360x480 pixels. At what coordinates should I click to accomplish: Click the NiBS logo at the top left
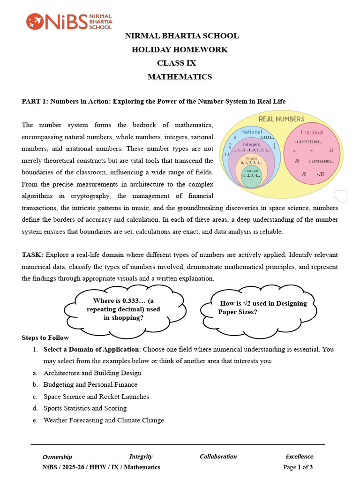click(69, 21)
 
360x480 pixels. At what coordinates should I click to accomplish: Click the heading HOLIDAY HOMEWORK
click(180, 49)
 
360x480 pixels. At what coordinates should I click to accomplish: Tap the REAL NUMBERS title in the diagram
click(281, 119)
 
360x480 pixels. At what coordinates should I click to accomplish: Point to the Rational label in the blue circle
click(251, 132)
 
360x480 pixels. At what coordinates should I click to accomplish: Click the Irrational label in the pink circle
click(312, 132)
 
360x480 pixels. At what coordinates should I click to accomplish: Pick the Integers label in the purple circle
click(251, 144)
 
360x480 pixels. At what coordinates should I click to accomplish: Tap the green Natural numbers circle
click(252, 178)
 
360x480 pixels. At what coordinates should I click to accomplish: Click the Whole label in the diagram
click(252, 158)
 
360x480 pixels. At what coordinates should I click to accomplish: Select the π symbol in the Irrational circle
click(311, 151)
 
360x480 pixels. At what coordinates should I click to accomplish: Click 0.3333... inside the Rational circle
click(267, 138)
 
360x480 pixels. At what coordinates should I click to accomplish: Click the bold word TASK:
click(32, 255)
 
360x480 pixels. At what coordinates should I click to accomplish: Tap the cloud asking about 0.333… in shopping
click(124, 309)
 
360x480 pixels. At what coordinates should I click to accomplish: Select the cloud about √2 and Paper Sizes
click(259, 307)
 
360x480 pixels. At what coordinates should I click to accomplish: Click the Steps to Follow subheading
click(45, 337)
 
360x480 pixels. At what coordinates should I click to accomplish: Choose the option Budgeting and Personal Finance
click(90, 384)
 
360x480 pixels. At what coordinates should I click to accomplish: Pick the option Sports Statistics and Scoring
click(85, 408)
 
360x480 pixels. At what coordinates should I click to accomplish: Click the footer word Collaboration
click(218, 456)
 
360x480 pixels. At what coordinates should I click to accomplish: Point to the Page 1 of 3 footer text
click(298, 467)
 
